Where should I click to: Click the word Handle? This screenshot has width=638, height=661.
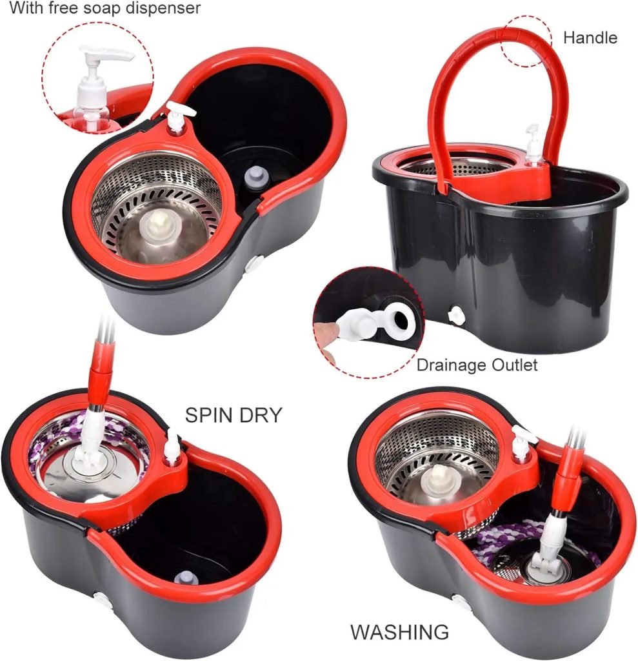click(590, 37)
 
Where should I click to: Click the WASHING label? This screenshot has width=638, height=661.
click(399, 631)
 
